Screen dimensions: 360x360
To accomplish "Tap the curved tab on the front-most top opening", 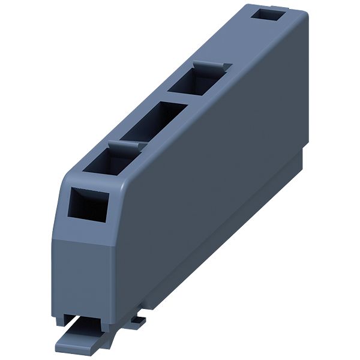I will pyautogui.click(x=119, y=144).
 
